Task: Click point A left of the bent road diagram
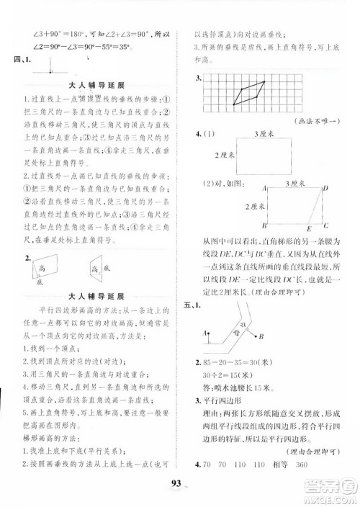click(205, 333)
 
